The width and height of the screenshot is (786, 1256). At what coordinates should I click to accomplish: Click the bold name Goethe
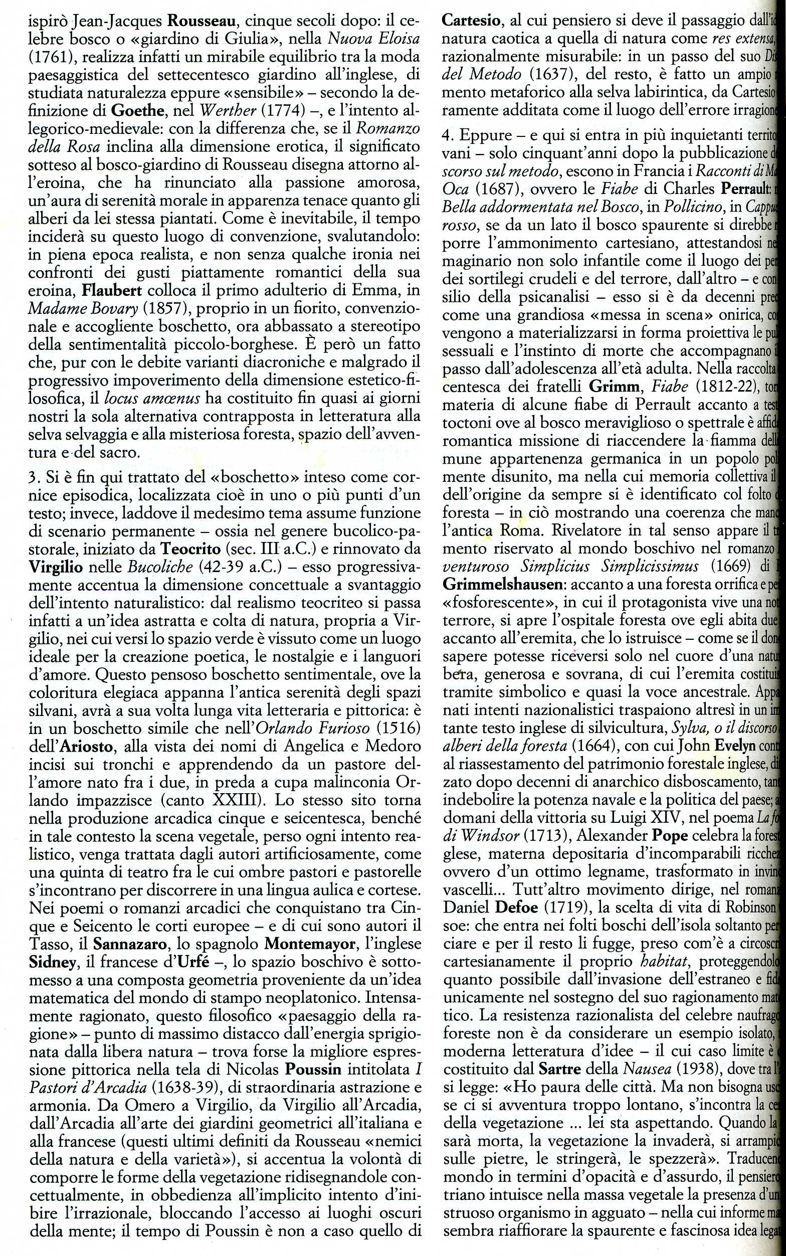[x=132, y=110]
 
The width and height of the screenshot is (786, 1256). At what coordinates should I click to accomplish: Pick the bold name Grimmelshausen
[x=502, y=584]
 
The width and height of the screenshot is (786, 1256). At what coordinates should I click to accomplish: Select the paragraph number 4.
[x=447, y=136]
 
